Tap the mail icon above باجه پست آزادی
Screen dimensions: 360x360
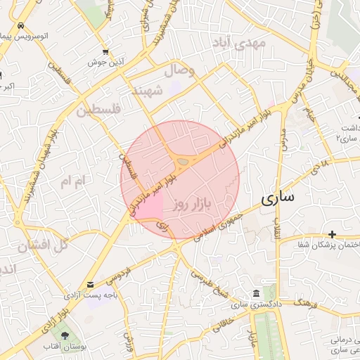pyautogui.click(x=90, y=285)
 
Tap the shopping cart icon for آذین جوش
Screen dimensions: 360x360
pyautogui.click(x=105, y=52)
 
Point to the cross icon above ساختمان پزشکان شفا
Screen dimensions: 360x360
pyautogui.click(x=332, y=233)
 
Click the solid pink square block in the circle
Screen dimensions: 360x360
pyautogui.click(x=152, y=206)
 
